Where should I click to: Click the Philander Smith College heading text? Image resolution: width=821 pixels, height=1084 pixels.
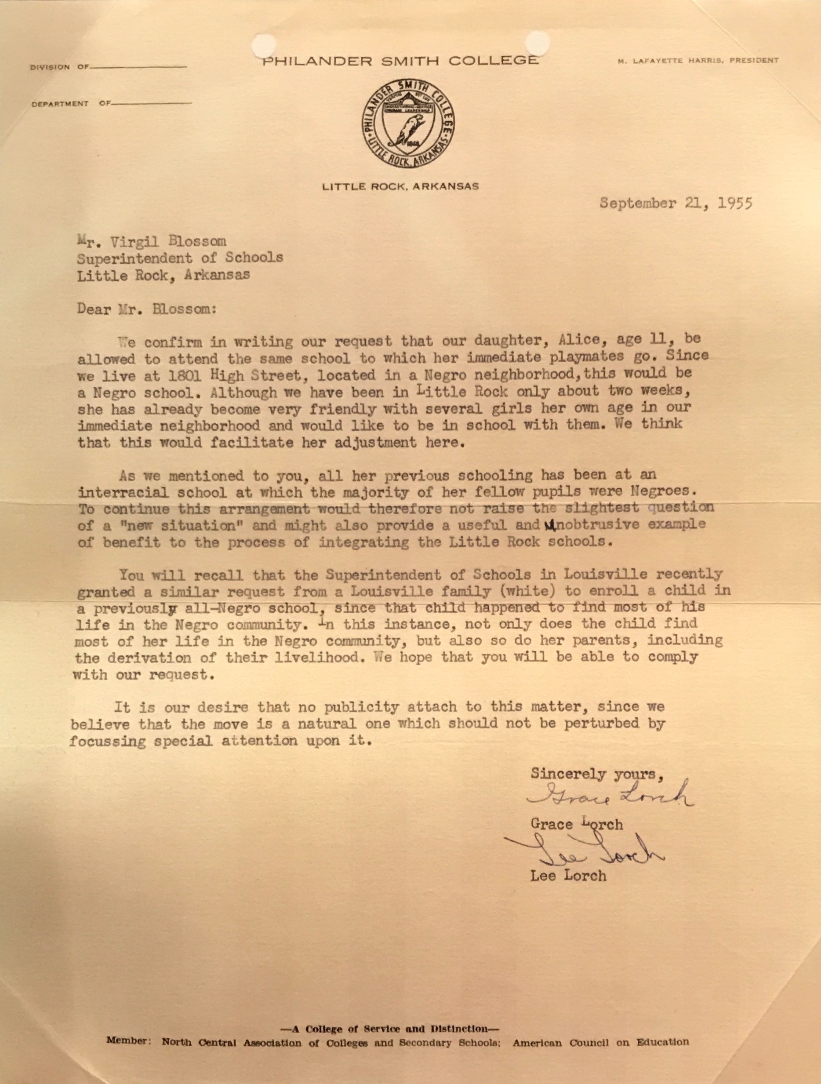400,61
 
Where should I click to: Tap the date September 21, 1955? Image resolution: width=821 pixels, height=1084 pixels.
676,204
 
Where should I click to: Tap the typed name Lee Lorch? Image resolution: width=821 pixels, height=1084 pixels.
568,876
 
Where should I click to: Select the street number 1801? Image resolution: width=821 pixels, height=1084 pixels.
183,376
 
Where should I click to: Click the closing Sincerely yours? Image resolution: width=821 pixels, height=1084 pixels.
597,774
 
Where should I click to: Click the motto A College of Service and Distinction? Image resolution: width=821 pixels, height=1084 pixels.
396,1029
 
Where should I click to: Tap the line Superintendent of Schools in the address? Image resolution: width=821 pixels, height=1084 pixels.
180,258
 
